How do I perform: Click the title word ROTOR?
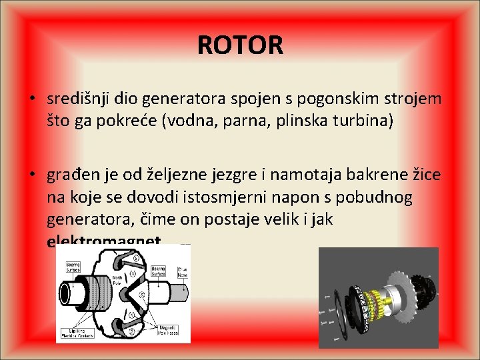(240, 45)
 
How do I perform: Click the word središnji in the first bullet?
(74, 99)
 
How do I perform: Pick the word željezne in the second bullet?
(169, 175)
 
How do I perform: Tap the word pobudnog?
(375, 197)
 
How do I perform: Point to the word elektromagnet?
(104, 241)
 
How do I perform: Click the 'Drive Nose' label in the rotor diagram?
(181, 271)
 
